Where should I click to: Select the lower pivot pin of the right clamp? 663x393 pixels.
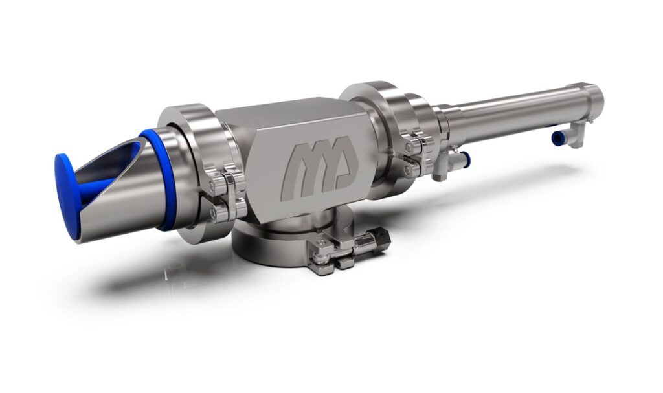[x=408, y=169]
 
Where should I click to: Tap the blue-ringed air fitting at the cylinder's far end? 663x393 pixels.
[x=557, y=138]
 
